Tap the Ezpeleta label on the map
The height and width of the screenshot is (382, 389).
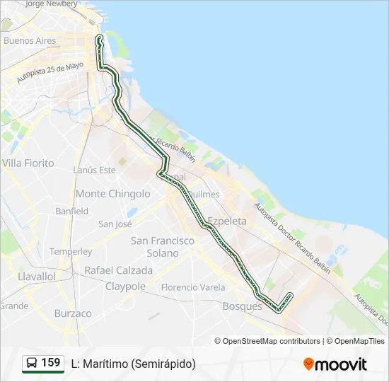pos(226,221)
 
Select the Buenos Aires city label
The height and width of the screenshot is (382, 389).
pos(30,41)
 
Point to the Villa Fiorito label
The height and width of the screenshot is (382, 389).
pos(28,163)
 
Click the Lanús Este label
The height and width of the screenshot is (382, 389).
pos(94,170)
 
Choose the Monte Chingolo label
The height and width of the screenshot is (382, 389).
pos(113,194)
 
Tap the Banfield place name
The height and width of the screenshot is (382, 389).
pos(72,211)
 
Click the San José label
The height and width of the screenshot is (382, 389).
pos(115,224)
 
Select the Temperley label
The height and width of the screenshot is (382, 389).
pos(71,252)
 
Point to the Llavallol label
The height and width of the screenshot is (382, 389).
pos(37,276)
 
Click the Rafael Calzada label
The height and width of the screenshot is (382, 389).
pos(119,270)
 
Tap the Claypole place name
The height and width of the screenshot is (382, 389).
pos(125,286)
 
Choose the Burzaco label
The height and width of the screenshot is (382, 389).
pos(73,313)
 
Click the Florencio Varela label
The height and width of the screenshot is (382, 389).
pos(193,287)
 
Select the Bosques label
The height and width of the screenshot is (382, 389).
pos(242,306)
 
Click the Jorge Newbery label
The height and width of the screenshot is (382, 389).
pos(51,4)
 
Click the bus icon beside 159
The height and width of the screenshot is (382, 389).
pos(32,364)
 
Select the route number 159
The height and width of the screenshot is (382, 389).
pos(51,363)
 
